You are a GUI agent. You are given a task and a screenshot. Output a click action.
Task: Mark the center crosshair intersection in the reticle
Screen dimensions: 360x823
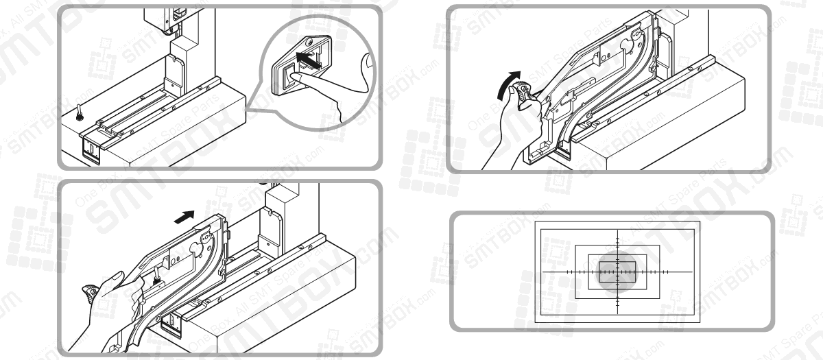pyautogui.click(x=617, y=272)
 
